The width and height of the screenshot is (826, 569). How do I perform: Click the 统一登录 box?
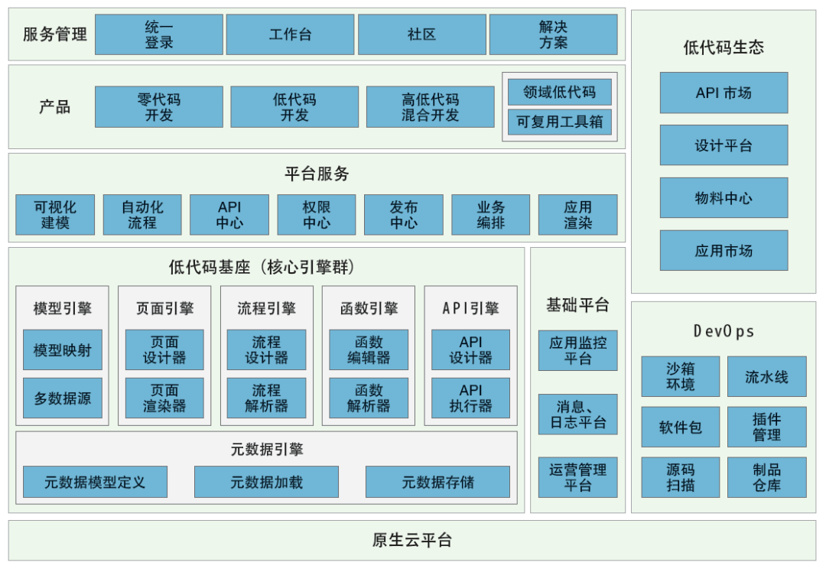tap(158, 34)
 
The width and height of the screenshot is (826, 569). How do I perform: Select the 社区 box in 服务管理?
tap(422, 34)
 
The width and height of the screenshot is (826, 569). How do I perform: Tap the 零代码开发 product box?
tap(158, 107)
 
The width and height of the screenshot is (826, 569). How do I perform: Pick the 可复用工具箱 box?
tap(559, 122)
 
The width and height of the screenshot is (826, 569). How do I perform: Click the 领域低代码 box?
tap(559, 93)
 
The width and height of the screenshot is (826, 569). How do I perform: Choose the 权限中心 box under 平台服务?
tap(317, 214)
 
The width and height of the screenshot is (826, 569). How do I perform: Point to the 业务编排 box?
tap(491, 214)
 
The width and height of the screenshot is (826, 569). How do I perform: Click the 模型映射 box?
tap(63, 350)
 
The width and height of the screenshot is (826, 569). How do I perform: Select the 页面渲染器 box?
tap(164, 398)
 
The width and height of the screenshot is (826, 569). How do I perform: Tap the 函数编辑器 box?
tap(369, 350)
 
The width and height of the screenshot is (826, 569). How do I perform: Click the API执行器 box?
tap(470, 398)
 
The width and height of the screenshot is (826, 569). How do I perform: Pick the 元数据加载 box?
tap(267, 482)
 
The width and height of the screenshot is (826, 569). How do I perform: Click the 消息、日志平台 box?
tap(578, 414)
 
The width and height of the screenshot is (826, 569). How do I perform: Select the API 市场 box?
tap(724, 93)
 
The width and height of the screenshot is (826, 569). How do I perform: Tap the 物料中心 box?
tap(724, 197)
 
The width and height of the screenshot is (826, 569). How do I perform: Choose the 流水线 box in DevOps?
tap(767, 377)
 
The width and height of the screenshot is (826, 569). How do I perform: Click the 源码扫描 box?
tap(681, 477)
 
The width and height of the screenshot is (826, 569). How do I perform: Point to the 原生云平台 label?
tap(412, 540)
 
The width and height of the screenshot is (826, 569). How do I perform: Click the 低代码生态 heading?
tap(724, 47)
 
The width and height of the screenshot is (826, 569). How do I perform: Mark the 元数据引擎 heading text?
tap(267, 450)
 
